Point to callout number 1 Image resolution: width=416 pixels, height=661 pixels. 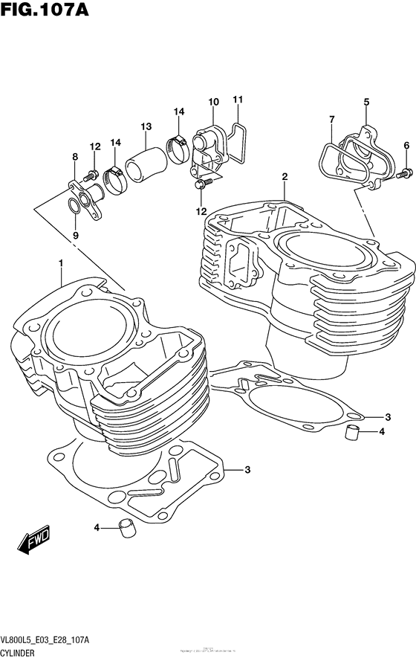62,263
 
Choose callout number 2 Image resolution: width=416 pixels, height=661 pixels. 284,177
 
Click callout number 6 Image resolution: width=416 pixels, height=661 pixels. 406,145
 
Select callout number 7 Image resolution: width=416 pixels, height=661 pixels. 331,119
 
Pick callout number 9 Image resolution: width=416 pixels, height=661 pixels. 74,236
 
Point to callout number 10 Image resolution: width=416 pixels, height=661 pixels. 213,102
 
